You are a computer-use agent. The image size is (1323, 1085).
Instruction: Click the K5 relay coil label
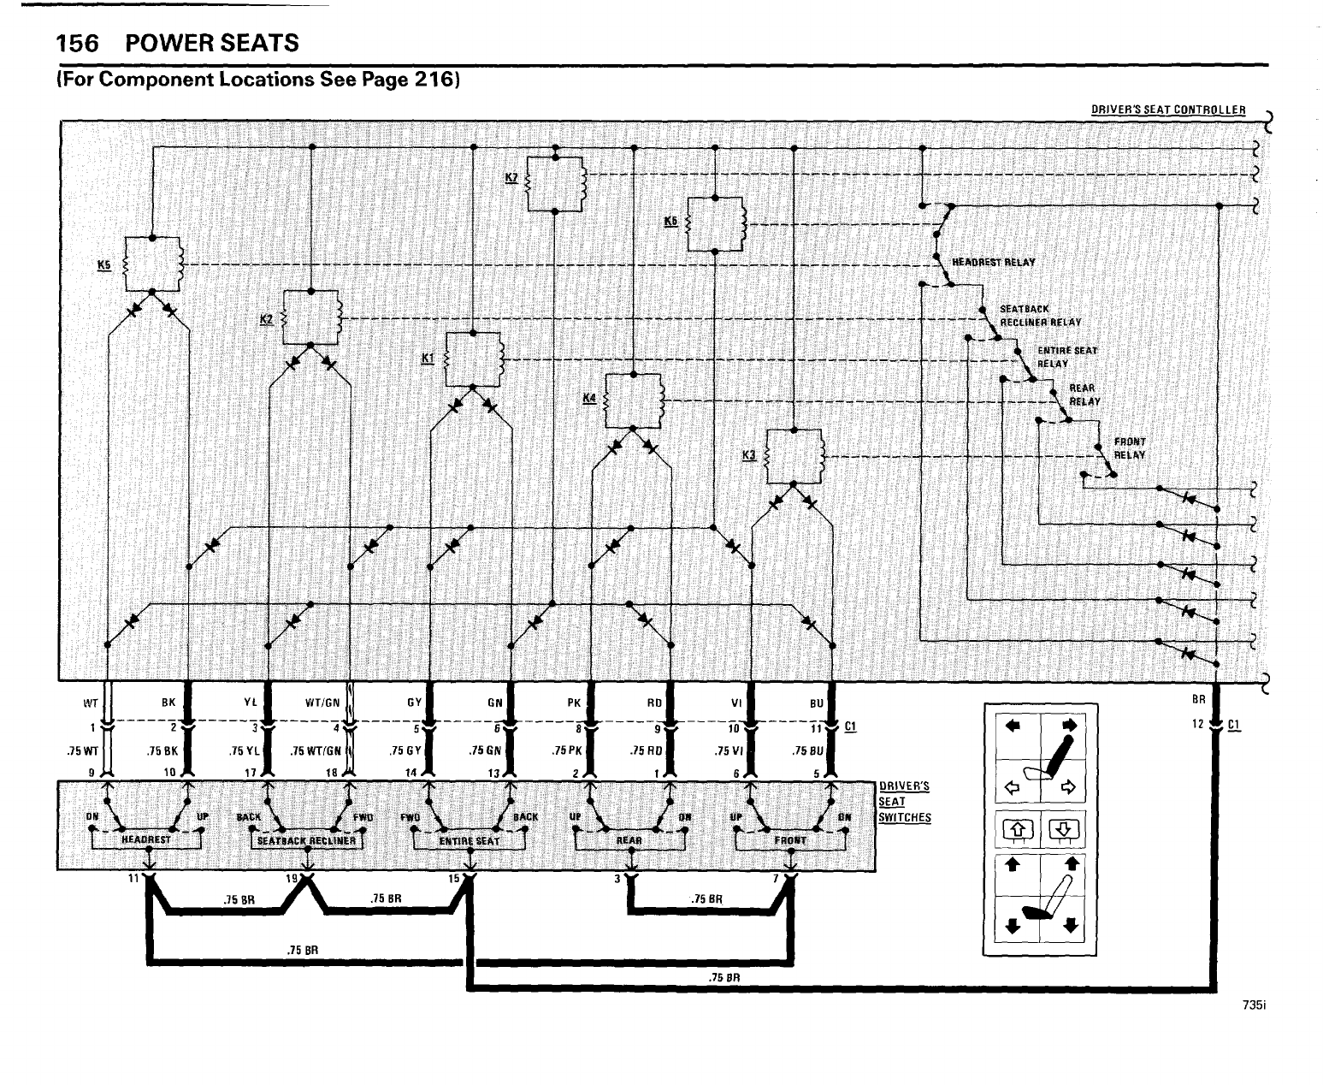point(104,264)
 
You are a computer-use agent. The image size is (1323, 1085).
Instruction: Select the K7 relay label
point(511,178)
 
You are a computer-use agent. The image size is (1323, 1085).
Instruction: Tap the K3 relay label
point(749,454)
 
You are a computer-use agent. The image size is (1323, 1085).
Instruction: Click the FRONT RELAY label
point(1129,448)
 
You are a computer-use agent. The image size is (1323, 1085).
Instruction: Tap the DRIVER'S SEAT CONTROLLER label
point(1167,110)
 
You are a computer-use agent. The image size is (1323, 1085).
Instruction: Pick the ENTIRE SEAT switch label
point(469,841)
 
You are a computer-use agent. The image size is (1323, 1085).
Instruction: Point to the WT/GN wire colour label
point(322,704)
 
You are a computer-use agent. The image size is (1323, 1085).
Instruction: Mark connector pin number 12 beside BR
point(1197,725)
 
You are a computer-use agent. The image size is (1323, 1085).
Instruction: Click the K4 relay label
point(588,398)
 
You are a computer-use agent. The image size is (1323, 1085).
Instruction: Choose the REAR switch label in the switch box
point(629,841)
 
